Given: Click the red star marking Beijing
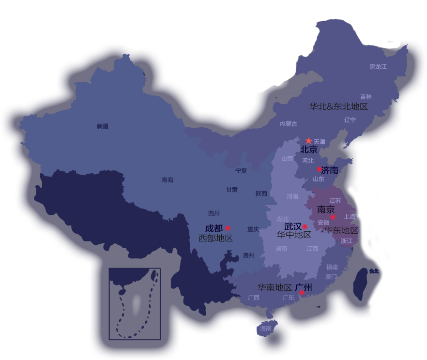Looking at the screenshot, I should (x=309, y=140).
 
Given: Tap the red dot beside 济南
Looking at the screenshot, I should (x=319, y=169).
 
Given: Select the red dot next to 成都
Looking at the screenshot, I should (x=228, y=228).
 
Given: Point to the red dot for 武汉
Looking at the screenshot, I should (x=305, y=226).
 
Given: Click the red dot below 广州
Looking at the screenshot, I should (x=302, y=293).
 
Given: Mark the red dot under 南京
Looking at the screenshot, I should (x=333, y=217).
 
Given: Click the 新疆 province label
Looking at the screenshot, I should (x=103, y=126).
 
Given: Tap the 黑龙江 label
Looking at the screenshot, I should (x=378, y=67).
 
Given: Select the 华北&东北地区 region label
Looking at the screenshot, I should (x=338, y=106).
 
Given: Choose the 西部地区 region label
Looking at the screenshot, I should (x=215, y=238).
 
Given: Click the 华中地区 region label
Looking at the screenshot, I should (x=294, y=235).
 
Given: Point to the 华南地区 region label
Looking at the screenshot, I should (x=274, y=287).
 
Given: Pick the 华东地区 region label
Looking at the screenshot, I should (x=342, y=230).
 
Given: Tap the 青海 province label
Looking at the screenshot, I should (x=168, y=180).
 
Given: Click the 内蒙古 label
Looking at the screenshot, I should (x=289, y=124).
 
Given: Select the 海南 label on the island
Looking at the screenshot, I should (x=266, y=329).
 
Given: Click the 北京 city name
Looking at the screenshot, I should (x=308, y=150).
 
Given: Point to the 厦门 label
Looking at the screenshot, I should (x=331, y=277).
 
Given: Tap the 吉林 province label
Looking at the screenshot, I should (x=366, y=97).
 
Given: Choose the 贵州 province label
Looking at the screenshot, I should (x=249, y=255).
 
